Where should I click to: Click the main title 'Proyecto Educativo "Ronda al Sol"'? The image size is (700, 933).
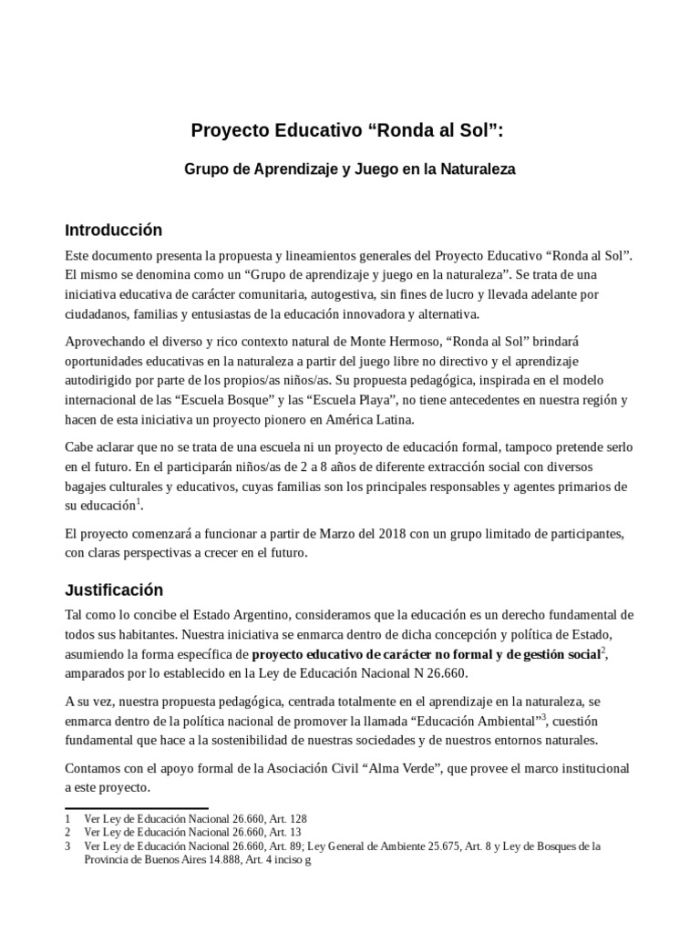point(346,130)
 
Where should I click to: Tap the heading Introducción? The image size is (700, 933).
point(113,230)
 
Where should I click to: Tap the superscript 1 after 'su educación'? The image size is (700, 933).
point(139,500)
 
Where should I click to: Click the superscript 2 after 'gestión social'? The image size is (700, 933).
point(603,650)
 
